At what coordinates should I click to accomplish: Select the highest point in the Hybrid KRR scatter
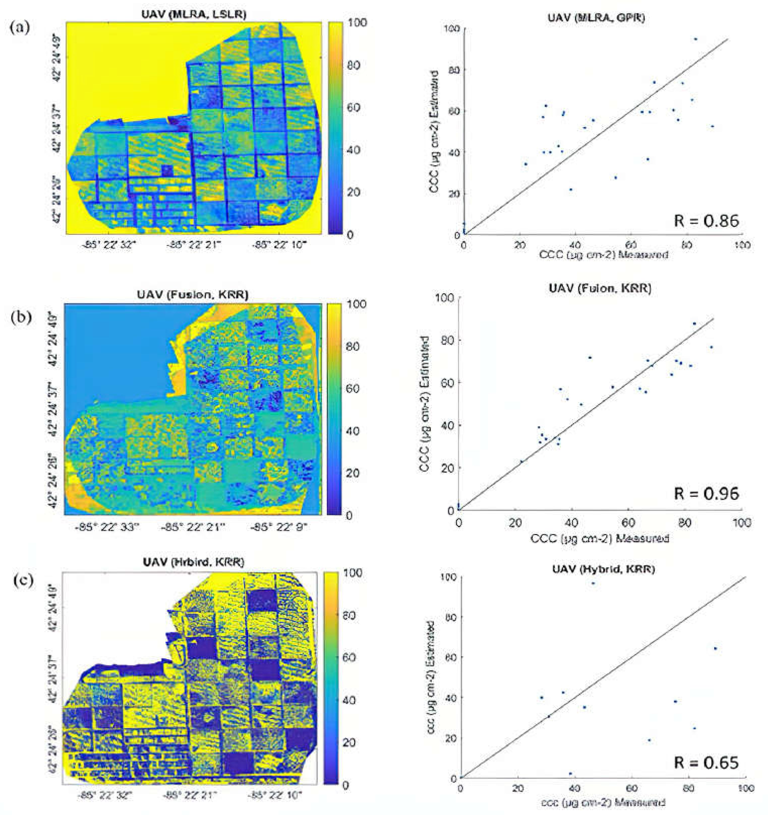[x=593, y=583]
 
